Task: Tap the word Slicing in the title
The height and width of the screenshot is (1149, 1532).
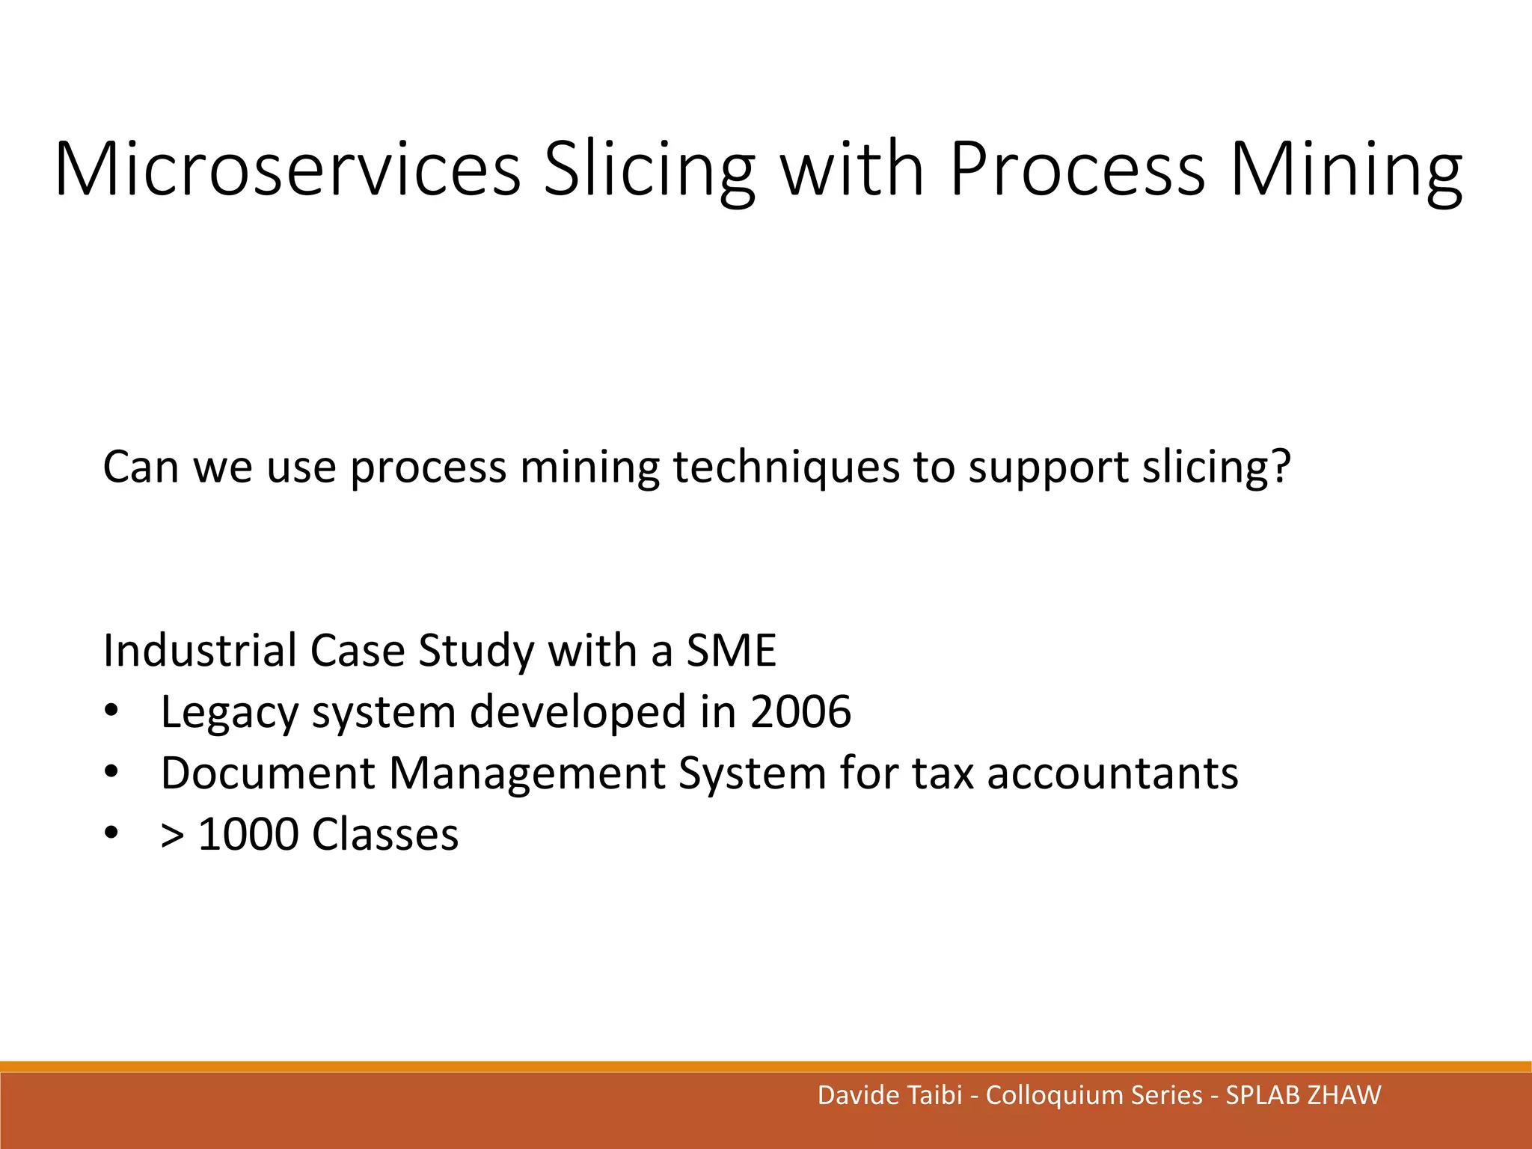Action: pyautogui.click(x=649, y=171)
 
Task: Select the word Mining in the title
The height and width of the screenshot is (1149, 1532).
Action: pyautogui.click(x=1346, y=171)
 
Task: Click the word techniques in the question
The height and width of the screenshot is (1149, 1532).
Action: pyautogui.click(x=785, y=467)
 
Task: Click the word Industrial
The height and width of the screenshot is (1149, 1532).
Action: pyautogui.click(x=199, y=649)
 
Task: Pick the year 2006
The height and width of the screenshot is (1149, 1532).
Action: pyautogui.click(x=800, y=711)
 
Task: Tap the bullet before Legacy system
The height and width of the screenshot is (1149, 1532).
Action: pyautogui.click(x=111, y=711)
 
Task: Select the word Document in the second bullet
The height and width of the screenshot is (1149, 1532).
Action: pyautogui.click(x=267, y=772)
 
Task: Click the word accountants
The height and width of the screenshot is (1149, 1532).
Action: pyautogui.click(x=1112, y=773)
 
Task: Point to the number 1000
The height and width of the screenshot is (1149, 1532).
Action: pyautogui.click(x=248, y=833)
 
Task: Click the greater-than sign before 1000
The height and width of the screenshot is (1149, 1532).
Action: pyautogui.click(x=172, y=835)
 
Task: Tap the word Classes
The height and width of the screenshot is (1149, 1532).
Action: pyautogui.click(x=385, y=833)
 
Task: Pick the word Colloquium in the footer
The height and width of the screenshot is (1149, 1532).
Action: pyautogui.click(x=1055, y=1096)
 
